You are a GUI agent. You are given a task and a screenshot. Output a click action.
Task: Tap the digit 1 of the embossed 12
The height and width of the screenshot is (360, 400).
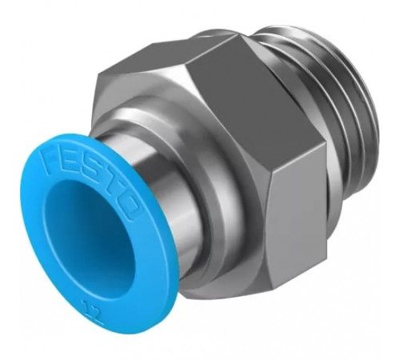[85, 304]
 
